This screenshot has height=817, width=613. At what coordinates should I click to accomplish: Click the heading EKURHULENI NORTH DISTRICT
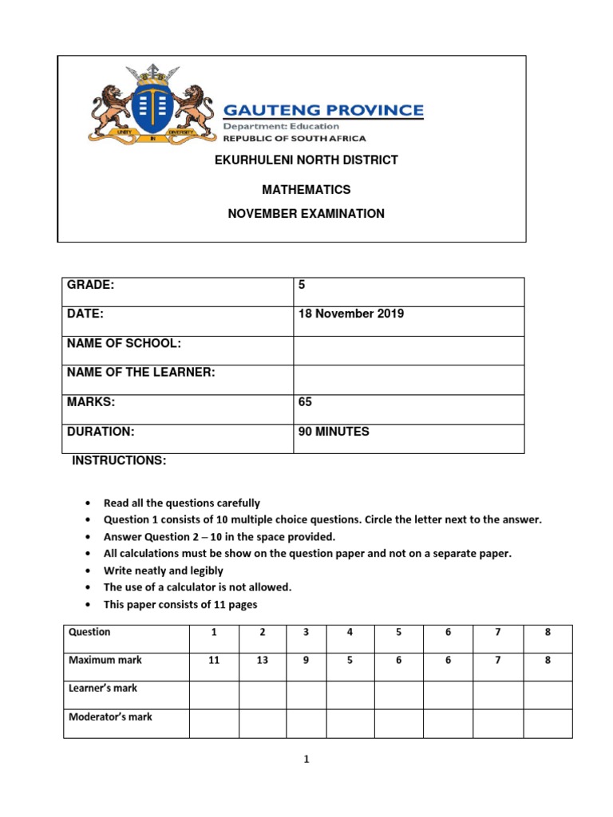pyautogui.click(x=306, y=160)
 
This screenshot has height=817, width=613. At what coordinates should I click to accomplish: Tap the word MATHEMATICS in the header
pyautogui.click(x=306, y=190)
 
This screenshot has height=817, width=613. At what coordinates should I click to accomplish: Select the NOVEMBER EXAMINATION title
pyautogui.click(x=306, y=214)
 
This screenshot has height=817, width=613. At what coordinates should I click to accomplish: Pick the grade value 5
pyautogui.click(x=303, y=285)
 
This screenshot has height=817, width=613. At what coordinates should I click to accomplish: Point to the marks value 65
pyautogui.click(x=305, y=402)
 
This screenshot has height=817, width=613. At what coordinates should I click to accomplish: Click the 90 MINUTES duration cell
pyautogui.click(x=334, y=432)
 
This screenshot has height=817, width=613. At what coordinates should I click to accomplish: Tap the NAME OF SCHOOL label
pyautogui.click(x=124, y=343)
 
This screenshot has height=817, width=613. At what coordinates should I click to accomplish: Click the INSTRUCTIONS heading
pyautogui.click(x=120, y=461)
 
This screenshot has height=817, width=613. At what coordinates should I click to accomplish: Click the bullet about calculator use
pyautogui.click(x=198, y=587)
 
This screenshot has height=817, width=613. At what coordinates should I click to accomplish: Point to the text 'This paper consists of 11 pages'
pyautogui.click(x=180, y=605)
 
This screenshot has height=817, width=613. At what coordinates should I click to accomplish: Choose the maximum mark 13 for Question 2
pyautogui.click(x=262, y=661)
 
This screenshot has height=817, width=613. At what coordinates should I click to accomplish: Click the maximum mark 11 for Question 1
pyautogui.click(x=213, y=661)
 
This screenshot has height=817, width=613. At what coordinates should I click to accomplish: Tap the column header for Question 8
pyautogui.click(x=548, y=632)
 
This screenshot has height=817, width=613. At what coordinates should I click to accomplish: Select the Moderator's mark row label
pyautogui.click(x=110, y=717)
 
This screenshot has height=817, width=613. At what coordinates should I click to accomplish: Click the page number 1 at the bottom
pyautogui.click(x=306, y=760)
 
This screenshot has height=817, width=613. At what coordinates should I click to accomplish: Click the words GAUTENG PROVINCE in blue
pyautogui.click(x=322, y=109)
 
